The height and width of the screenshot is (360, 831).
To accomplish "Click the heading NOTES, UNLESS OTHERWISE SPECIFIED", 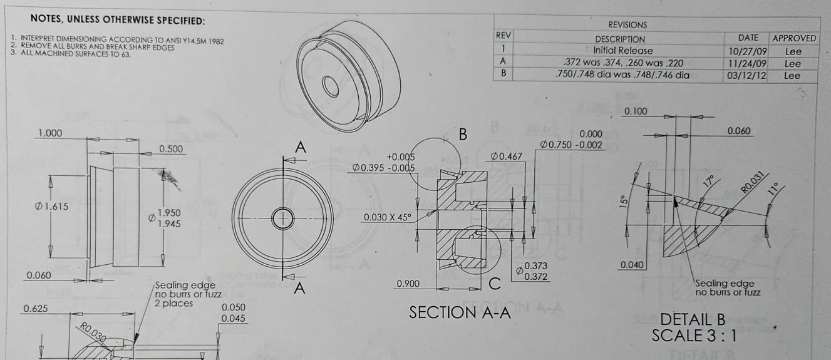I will [117, 20].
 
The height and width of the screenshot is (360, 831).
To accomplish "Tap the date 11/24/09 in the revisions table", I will [751, 63].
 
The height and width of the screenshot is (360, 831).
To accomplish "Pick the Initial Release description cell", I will [622, 51].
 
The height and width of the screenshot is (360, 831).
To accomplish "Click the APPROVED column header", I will [793, 38].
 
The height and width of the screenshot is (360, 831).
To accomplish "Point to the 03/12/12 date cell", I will [751, 75].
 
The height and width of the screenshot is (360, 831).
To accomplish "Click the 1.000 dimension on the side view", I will [50, 133].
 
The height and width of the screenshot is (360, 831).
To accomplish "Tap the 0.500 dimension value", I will [171, 149].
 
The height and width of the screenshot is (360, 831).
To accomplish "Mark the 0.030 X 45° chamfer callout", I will [388, 217].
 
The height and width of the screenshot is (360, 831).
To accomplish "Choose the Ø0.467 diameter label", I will [507, 156].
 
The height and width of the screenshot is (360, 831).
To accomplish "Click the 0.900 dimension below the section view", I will [409, 284].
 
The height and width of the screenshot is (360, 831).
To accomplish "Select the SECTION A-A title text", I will [460, 312].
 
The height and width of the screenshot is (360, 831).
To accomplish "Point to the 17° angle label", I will [709, 182].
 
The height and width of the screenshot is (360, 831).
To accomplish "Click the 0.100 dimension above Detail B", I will [636, 111].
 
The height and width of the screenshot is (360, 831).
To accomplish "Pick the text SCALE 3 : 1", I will [694, 336].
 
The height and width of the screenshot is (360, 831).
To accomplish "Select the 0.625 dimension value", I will [36, 309].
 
